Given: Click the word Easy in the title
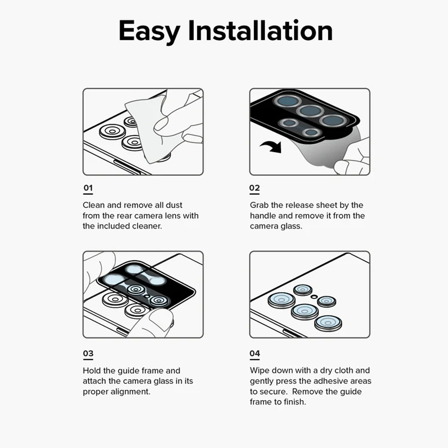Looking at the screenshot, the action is (149, 31).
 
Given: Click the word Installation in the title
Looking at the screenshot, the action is (260, 30).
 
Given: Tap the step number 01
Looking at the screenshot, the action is (88, 188).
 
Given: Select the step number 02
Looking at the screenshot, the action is (254, 188).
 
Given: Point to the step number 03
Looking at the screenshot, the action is (88, 353).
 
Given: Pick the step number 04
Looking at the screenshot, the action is (254, 353).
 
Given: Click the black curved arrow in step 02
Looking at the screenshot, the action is (271, 146).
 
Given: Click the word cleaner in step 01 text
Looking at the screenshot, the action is (147, 226).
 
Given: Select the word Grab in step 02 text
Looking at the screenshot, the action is (259, 205).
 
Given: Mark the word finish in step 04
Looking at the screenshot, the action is (295, 402).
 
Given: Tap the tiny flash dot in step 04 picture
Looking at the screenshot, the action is (314, 297).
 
